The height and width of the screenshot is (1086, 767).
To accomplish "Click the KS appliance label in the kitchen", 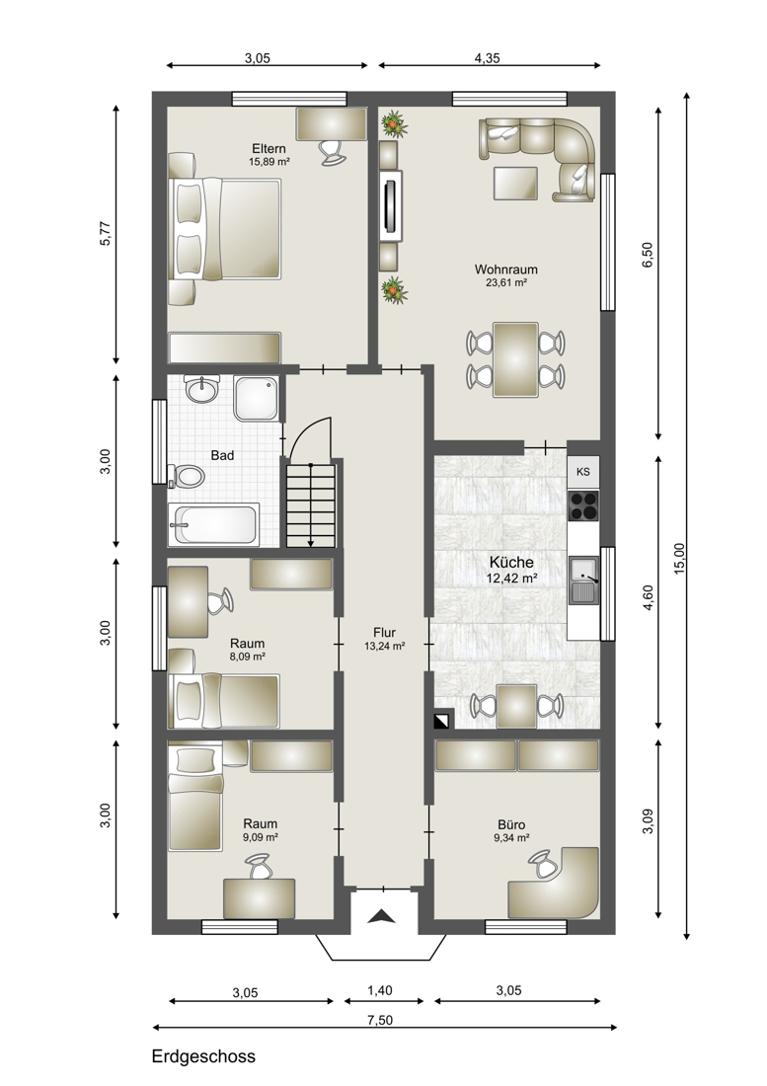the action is [582, 472].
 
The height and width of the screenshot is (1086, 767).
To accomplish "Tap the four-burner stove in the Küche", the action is [582, 504].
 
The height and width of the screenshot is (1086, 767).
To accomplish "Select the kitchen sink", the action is [582, 580].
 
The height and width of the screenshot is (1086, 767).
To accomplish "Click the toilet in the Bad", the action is [187, 477].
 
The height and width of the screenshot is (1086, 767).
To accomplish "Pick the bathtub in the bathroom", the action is [214, 525].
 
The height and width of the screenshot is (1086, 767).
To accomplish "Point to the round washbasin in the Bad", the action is [202, 389].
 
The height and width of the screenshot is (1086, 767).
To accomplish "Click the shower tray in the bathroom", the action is [256, 398].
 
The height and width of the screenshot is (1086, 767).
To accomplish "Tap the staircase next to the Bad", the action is [311, 505].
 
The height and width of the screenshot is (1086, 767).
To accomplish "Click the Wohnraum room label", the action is [506, 270].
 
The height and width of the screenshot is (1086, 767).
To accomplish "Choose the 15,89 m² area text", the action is [268, 161].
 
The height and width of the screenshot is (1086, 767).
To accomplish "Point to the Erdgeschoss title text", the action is [203, 1057].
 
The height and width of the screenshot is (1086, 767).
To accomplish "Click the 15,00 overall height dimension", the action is [679, 558].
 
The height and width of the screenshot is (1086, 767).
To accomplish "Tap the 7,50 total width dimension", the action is [381, 1020].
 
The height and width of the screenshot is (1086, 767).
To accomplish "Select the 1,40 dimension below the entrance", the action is [379, 990].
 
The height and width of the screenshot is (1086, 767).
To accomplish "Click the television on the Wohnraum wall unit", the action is [391, 205].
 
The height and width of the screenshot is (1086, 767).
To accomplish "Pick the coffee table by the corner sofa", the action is [515, 183].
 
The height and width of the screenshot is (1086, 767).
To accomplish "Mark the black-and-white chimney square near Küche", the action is [441, 721].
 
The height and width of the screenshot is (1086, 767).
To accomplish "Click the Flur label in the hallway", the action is [384, 632].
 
